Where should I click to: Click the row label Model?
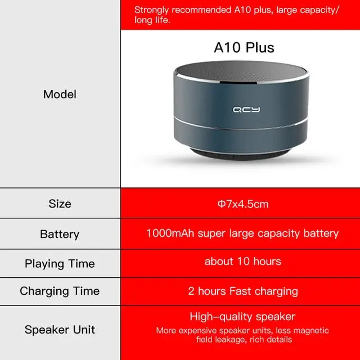tap(60, 94)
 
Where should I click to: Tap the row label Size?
tap(60, 204)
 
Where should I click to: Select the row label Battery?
tap(60, 234)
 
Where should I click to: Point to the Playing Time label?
tap(60, 263)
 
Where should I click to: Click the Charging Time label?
tap(60, 291)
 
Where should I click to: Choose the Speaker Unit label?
tap(60, 330)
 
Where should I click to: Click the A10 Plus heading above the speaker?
tap(244, 48)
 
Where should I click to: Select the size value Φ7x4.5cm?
tap(243, 204)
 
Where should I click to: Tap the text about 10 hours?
tap(242, 261)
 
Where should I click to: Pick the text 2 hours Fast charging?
tap(242, 291)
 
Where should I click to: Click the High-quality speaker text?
tap(242, 317)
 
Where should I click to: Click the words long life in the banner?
tap(152, 20)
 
